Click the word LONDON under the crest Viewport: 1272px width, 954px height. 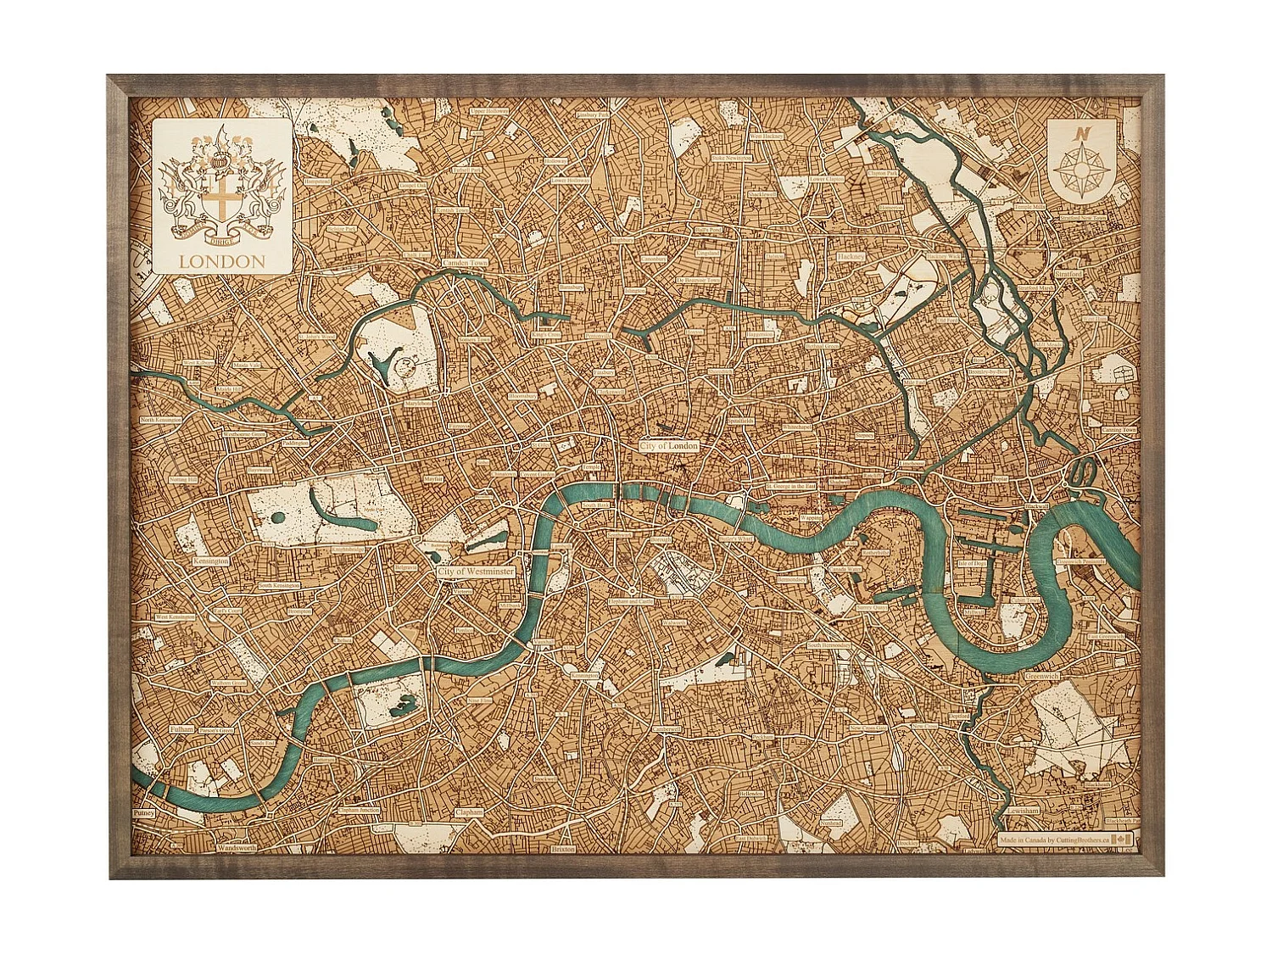coord(222,262)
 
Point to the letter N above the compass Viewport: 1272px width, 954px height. coord(1080,133)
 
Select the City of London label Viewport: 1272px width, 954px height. coord(669,446)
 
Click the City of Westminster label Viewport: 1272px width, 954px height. coord(476,572)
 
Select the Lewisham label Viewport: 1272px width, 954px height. coord(1023,810)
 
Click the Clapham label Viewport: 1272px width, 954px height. coord(469,812)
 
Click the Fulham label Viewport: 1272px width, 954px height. coord(181,728)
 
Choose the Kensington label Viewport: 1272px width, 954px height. coord(210,561)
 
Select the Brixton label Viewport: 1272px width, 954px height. coord(562,848)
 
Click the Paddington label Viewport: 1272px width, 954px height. coord(296,443)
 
